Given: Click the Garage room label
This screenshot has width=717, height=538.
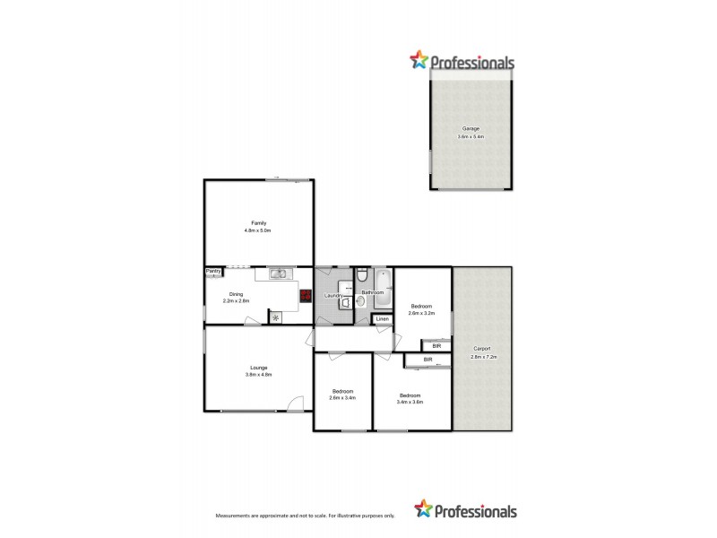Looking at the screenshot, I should click(x=471, y=129).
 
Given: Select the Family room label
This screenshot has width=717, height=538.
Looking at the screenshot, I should click(x=258, y=223).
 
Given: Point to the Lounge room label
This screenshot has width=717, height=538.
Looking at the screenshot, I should click(x=258, y=367).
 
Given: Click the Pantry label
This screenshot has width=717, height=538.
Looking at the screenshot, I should click(x=213, y=271).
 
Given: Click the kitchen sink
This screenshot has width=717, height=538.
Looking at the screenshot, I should click(x=279, y=273).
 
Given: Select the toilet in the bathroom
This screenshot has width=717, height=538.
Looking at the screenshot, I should click(x=359, y=276).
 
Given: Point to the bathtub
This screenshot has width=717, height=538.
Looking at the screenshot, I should click(x=381, y=282).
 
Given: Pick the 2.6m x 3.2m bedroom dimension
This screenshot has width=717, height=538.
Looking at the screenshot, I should click(x=421, y=314).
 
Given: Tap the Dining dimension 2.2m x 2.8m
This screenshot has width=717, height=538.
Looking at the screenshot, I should click(x=236, y=301).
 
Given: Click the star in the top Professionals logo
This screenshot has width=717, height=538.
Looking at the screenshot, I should click(x=419, y=61).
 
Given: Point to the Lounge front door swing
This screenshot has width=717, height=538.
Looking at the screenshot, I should click(x=294, y=403).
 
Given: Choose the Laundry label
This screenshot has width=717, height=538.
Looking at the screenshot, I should click(x=334, y=295).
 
